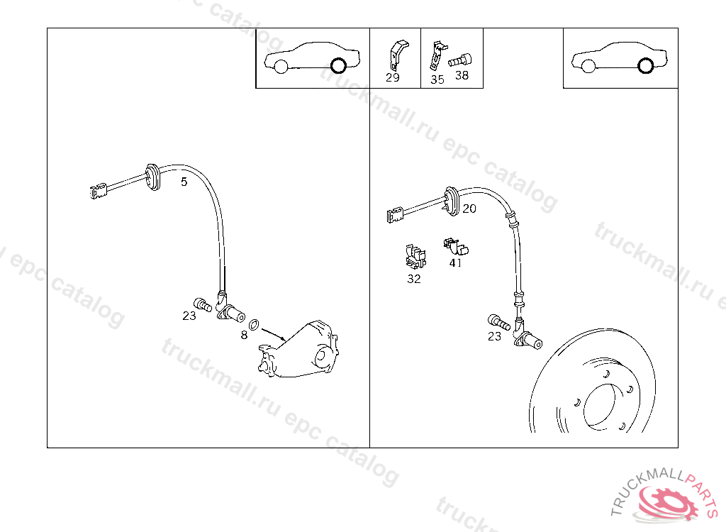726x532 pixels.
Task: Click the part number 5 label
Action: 184,182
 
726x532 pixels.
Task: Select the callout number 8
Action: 244,335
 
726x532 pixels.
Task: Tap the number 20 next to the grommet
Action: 469,209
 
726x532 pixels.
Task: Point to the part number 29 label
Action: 393,77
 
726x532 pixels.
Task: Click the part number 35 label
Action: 437,79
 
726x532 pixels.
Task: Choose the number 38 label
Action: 462,75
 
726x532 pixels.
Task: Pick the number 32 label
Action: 414,279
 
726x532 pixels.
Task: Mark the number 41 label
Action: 456,262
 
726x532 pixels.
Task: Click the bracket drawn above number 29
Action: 398,55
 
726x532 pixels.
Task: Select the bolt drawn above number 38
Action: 459,61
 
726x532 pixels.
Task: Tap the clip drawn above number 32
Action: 415,256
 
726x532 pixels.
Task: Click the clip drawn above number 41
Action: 456,246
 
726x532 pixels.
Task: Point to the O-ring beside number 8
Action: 254,325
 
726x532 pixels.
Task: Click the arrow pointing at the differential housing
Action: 274,335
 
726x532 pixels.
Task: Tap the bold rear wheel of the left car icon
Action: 338,65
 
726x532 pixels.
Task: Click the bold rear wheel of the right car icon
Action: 645,65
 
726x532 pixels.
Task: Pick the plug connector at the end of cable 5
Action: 98,191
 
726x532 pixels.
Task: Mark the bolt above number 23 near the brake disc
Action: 498,322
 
